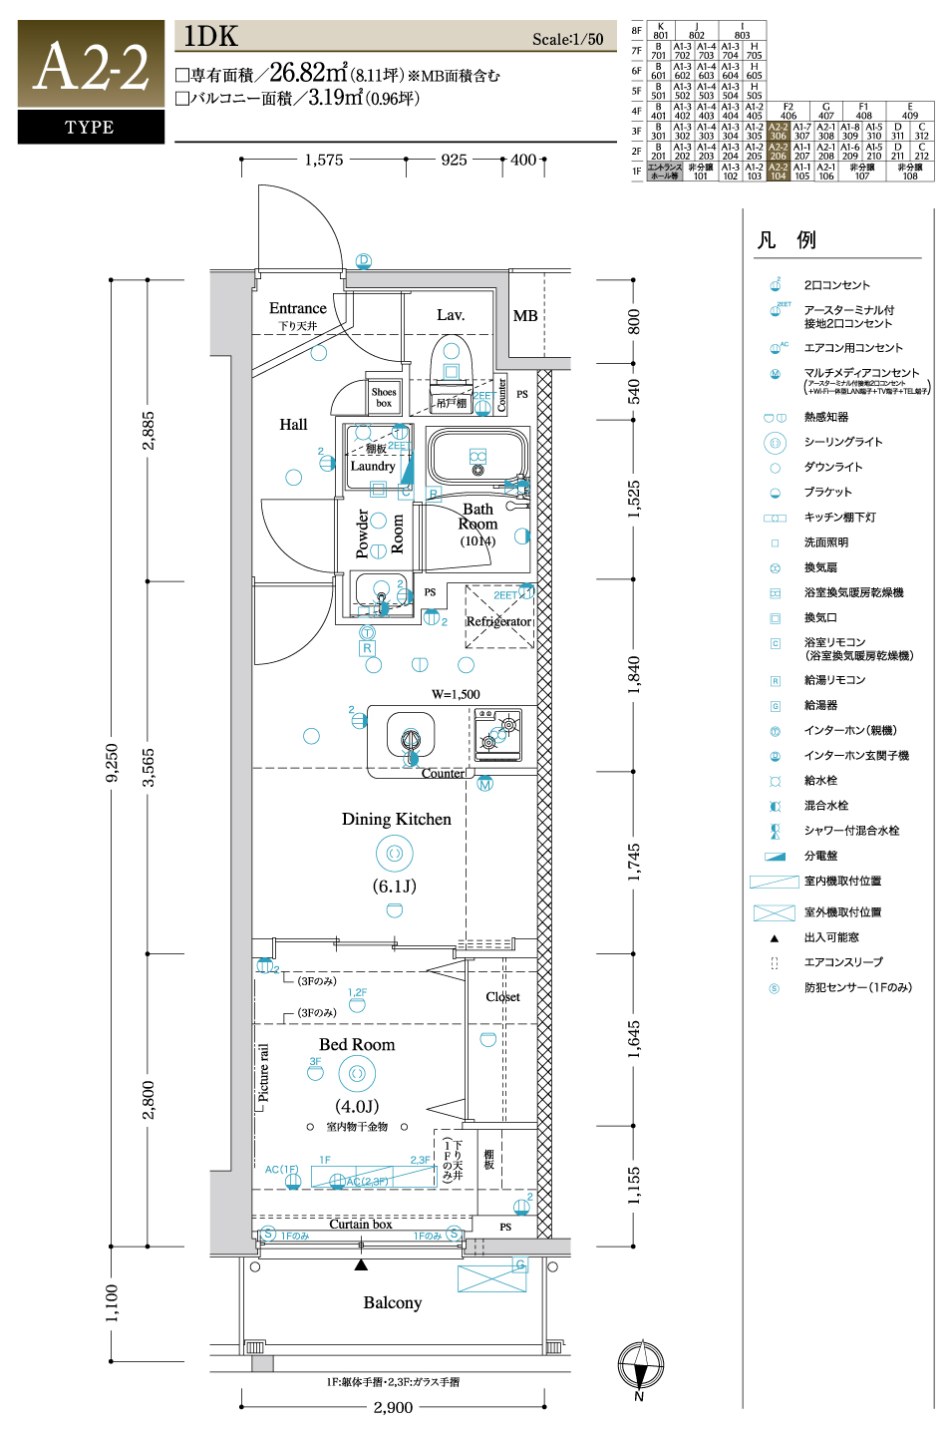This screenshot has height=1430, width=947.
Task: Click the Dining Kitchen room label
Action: point(396,819)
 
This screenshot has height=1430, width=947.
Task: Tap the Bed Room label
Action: point(357,1044)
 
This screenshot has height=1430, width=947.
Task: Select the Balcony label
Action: point(392,1302)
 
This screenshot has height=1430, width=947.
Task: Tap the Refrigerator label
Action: point(498,621)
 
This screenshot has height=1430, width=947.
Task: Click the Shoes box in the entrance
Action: point(384,397)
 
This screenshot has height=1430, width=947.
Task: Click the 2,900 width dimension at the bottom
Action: point(393,1407)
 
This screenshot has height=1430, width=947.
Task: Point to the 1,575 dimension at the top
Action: point(324,160)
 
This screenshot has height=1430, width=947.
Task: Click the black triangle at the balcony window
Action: point(361,1264)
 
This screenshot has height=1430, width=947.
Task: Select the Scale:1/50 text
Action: point(567,39)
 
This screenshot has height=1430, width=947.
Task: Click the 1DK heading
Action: point(211,37)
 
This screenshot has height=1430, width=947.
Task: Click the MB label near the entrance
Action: point(525,315)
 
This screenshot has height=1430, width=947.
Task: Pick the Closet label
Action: point(502,996)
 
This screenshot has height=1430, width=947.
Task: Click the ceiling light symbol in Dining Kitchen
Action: point(394,853)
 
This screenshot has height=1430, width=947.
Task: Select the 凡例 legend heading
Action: point(786,239)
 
